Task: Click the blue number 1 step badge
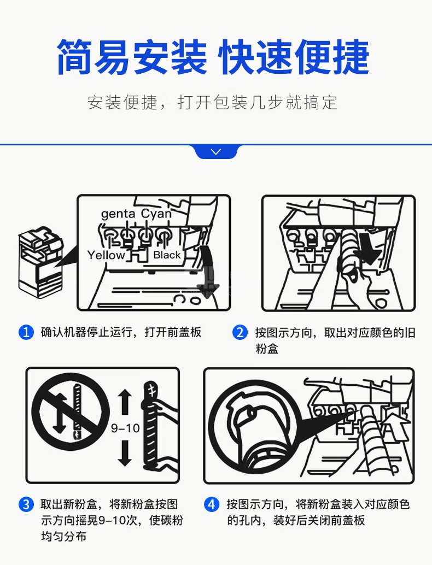tap(26, 332)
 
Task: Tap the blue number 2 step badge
tap(240, 332)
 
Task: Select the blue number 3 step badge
tap(26, 504)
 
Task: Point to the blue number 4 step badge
tap(212, 504)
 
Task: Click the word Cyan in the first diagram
tap(156, 214)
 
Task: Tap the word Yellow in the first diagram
tap(106, 255)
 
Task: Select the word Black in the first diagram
tap(167, 255)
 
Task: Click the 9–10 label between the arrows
tap(125, 428)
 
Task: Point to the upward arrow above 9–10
tap(125, 402)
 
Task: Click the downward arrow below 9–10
tap(125, 454)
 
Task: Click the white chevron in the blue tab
tap(216, 152)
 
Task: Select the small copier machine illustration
tap(41, 262)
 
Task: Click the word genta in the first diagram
tap(118, 214)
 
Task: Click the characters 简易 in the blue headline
tap(93, 57)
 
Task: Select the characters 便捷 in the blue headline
tap(332, 57)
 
